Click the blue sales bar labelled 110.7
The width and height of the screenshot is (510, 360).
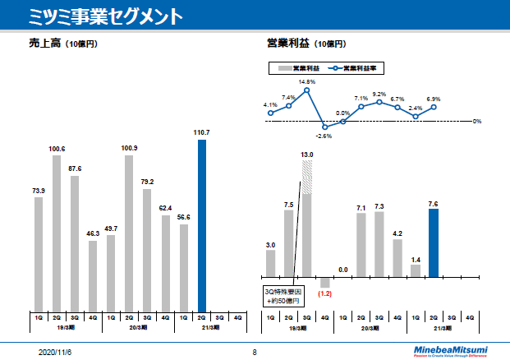click(202, 224)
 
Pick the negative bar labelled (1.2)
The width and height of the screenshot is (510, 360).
click(325, 282)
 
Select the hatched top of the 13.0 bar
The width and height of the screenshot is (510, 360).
click(307, 177)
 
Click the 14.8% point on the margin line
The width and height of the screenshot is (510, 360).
click(307, 90)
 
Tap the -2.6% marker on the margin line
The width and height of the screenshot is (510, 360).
click(325, 127)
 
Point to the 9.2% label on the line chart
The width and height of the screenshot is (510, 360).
click(379, 94)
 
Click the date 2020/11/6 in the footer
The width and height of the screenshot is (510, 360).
click(56, 352)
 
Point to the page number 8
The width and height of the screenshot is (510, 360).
click(255, 352)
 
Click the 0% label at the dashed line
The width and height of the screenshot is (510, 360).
click(477, 122)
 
